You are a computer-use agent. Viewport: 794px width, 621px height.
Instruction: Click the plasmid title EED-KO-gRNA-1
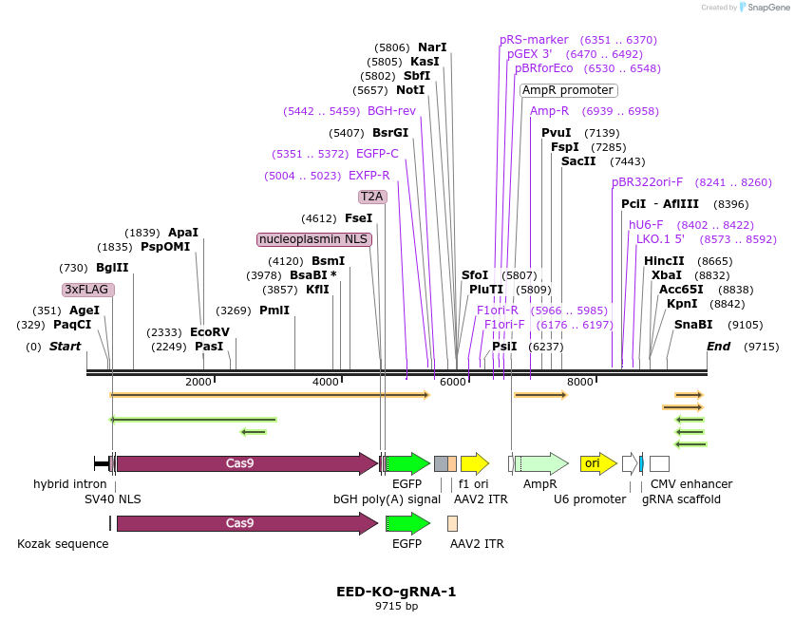tap(396, 592)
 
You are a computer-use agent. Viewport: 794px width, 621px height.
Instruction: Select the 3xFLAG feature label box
tap(88, 290)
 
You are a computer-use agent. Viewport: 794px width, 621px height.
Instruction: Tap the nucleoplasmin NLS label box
tap(314, 239)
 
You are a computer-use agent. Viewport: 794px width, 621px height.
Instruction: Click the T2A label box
tap(372, 197)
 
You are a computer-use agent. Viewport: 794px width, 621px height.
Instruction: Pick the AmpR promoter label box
tap(568, 90)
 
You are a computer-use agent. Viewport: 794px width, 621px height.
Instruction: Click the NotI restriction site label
tap(410, 90)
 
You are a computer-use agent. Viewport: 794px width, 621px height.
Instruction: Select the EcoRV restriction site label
tap(210, 332)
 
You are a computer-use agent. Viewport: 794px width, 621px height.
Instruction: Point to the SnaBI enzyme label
tap(693, 325)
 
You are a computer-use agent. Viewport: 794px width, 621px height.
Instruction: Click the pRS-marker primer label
tap(534, 40)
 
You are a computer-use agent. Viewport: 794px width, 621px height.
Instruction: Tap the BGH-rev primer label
tap(391, 111)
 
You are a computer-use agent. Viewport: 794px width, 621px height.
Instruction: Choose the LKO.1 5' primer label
tap(660, 239)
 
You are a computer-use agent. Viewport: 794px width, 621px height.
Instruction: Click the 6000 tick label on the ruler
tap(453, 382)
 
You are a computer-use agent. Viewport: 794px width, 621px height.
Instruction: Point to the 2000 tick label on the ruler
tap(198, 382)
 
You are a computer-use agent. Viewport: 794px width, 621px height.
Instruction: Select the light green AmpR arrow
tap(540, 463)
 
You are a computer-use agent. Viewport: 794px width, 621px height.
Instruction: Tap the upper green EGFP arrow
tap(408, 463)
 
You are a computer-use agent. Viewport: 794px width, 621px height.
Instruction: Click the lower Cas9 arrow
tap(246, 523)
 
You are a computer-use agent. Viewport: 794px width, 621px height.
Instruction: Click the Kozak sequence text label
tap(63, 544)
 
